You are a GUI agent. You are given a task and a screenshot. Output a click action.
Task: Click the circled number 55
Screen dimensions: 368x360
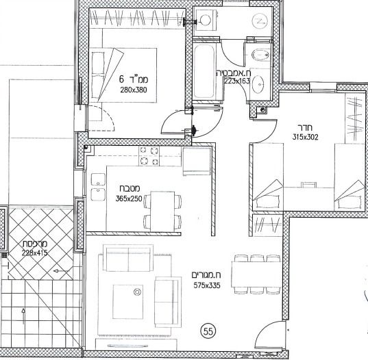pyautogui.click(x=208, y=331)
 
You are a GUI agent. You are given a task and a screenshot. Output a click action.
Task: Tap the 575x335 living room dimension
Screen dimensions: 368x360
pyautogui.click(x=207, y=285)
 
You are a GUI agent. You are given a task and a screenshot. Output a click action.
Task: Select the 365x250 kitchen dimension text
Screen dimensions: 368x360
pyautogui.click(x=129, y=198)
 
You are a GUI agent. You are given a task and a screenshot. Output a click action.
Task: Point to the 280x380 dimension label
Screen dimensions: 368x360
pyautogui.click(x=134, y=90)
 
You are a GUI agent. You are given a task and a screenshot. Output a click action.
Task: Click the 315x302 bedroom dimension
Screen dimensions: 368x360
pyautogui.click(x=306, y=137)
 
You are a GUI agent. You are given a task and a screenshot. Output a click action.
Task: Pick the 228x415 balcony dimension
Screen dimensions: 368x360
pyautogui.click(x=35, y=253)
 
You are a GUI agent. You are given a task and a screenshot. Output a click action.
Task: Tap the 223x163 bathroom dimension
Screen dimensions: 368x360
pyautogui.click(x=237, y=81)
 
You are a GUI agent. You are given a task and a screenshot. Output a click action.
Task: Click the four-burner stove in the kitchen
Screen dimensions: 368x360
pyautogui.click(x=149, y=156)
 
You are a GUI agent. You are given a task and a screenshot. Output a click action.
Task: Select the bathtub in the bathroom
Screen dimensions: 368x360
pyautogui.click(x=204, y=71)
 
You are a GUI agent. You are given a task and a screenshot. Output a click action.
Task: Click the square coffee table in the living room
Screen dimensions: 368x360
pyautogui.click(x=128, y=302)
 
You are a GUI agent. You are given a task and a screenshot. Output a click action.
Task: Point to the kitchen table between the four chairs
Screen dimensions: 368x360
pyautogui.click(x=162, y=211)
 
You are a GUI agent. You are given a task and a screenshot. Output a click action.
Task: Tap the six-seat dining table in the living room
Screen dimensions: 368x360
pyautogui.click(x=256, y=274)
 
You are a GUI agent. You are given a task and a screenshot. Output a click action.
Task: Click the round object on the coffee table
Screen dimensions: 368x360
pyautogui.click(x=137, y=292)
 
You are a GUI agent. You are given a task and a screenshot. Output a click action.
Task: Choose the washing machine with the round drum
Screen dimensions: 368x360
pyautogui.click(x=206, y=20)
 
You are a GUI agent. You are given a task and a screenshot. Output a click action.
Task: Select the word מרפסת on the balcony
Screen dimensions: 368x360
pyautogui.click(x=35, y=244)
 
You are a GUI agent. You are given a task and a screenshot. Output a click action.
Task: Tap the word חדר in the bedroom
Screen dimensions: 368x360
pyautogui.click(x=306, y=128)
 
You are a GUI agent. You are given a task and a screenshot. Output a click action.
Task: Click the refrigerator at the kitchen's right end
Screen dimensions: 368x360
pyautogui.click(x=197, y=162)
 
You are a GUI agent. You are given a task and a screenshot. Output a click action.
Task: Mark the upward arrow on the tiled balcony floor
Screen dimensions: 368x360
pyautogui.click(x=23, y=317)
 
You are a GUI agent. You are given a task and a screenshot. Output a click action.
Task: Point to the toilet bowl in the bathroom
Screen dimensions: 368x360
pyautogui.click(x=260, y=55)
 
